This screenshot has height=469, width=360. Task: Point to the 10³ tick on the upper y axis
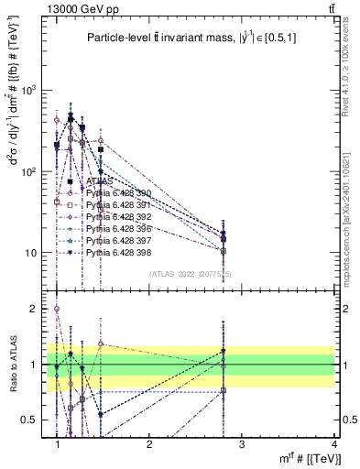[35, 91]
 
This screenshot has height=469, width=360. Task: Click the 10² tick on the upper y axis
[35, 171]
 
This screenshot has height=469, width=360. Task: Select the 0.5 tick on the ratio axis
[35, 420]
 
